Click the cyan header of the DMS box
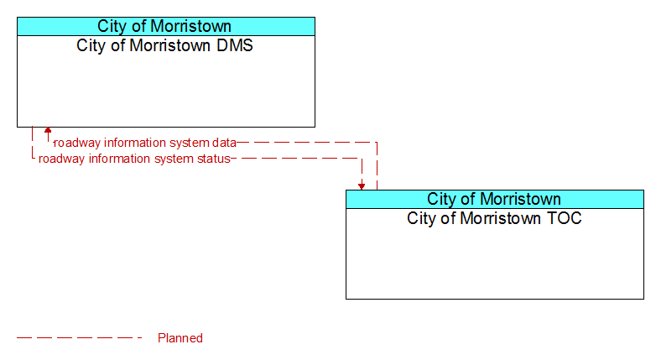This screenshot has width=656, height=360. [x=166, y=26]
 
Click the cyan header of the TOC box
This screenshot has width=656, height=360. [x=495, y=199]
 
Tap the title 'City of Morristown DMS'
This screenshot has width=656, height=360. [x=164, y=45]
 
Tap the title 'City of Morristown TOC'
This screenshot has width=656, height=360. [x=494, y=218]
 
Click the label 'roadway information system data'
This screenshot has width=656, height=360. [x=145, y=143]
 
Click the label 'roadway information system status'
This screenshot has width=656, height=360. [x=134, y=159]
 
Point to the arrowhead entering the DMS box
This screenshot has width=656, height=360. [x=48, y=130]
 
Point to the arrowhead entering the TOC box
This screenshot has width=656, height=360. [x=362, y=186]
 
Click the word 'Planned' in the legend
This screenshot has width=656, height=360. [x=180, y=338]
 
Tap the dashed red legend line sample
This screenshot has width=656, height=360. [x=80, y=338]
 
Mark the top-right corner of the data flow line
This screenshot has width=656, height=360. [x=377, y=143]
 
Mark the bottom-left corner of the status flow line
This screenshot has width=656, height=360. [x=32, y=159]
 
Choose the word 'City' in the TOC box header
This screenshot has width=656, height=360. [x=440, y=199]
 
